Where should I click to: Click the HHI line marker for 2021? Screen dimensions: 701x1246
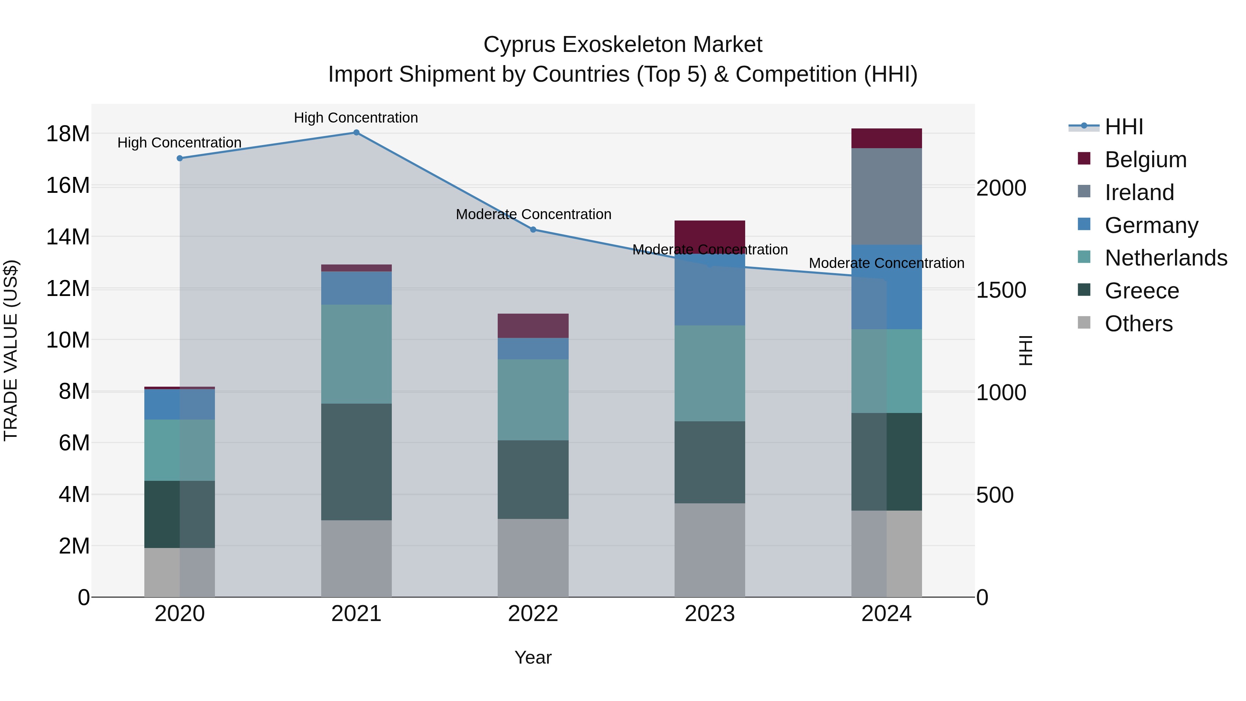click(356, 133)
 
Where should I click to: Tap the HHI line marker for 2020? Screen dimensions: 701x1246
click(179, 158)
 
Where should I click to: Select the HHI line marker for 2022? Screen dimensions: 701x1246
click(533, 230)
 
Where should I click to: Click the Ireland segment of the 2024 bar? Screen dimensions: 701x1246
click(886, 196)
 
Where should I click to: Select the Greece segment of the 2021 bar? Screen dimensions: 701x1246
click(356, 462)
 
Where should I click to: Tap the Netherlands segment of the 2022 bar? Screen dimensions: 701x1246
click(533, 399)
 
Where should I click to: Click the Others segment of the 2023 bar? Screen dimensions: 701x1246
click(710, 550)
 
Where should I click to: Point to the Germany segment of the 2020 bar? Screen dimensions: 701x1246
click(179, 404)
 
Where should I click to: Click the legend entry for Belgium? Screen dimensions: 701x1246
click(1145, 160)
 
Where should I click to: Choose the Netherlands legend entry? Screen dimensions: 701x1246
click(1166, 258)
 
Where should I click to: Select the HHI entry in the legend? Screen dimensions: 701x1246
click(1123, 127)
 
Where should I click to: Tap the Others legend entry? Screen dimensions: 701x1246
click(1138, 324)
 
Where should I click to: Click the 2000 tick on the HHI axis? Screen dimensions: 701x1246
click(1001, 188)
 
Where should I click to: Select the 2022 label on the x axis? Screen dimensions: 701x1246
click(533, 614)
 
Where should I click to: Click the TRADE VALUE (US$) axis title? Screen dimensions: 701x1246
click(11, 350)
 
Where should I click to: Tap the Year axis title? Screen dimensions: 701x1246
click(533, 657)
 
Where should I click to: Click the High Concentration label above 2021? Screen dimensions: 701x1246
click(356, 118)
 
